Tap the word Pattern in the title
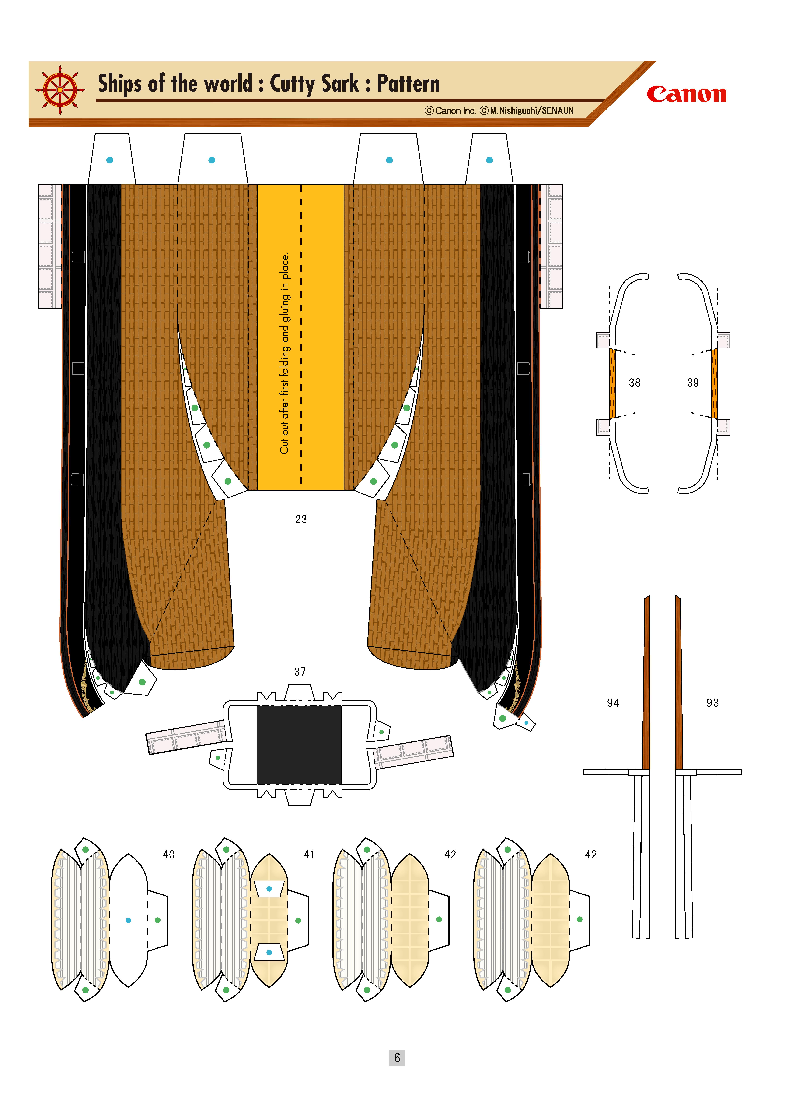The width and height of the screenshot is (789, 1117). click(408, 84)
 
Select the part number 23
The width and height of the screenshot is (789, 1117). click(301, 519)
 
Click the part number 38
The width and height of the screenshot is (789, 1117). click(634, 382)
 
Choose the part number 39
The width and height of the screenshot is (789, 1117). click(693, 382)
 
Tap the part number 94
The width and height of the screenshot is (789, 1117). click(613, 702)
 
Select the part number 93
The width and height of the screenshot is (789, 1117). click(712, 702)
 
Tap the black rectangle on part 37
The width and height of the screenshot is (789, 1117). click(299, 745)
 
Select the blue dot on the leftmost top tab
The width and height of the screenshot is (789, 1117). click(110, 160)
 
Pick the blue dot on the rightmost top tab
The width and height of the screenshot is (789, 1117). click(489, 160)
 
